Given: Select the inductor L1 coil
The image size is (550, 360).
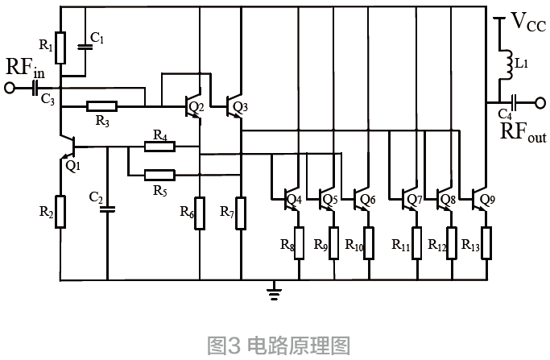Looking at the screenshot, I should (508, 64).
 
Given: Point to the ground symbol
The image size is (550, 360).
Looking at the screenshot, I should (275, 292).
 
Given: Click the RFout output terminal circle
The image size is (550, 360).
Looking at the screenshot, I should (536, 102).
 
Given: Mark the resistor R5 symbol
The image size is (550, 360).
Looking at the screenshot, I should (159, 174).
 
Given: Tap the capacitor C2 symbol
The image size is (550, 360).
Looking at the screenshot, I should (106, 209).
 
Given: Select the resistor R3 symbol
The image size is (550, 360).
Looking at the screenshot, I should (102, 106).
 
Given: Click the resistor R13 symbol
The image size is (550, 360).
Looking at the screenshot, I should (486, 242).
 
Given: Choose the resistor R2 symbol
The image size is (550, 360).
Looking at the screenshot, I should (60, 212).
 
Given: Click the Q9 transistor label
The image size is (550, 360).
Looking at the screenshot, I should (486, 198).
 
